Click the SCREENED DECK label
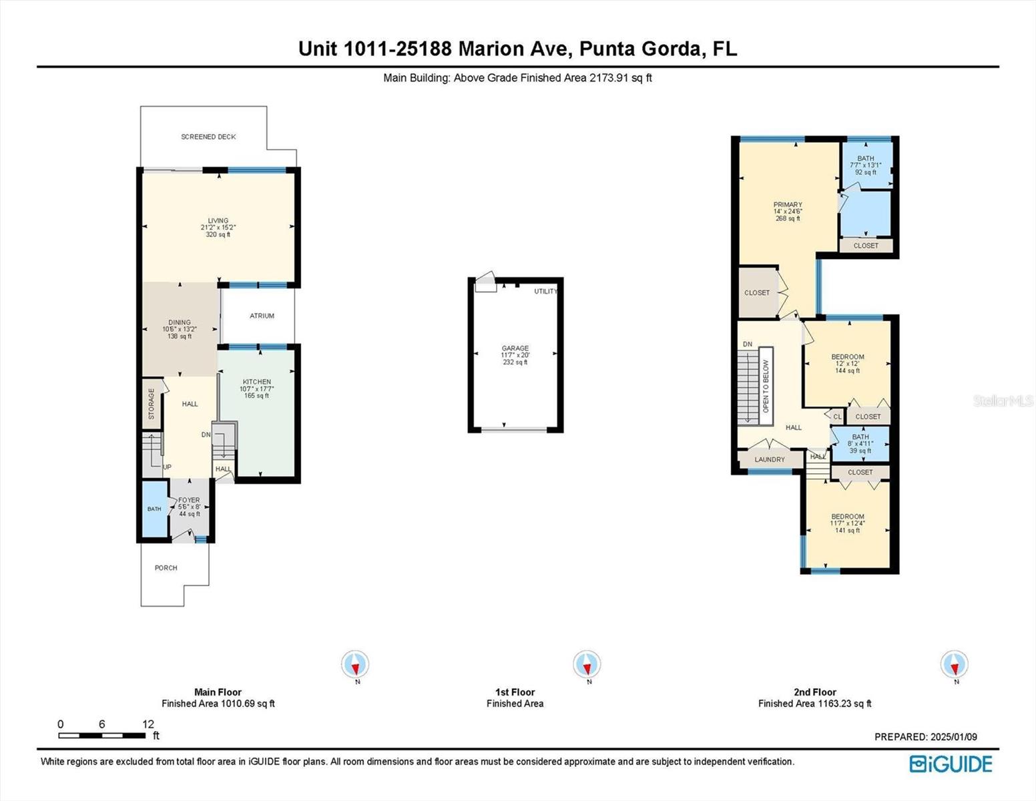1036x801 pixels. (208, 137)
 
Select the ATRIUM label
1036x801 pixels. (262, 316)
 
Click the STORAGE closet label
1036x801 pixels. (152, 404)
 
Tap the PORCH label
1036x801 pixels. (166, 567)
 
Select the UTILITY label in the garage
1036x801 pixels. (545, 291)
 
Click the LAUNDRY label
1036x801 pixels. (770, 459)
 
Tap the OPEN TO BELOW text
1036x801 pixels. (766, 386)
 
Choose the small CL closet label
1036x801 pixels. (838, 417)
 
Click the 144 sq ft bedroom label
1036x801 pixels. (848, 364)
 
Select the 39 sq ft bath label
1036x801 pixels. (860, 444)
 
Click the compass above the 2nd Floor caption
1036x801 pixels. (954, 663)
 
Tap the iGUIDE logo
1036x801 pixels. (951, 764)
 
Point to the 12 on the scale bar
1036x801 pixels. (148, 724)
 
